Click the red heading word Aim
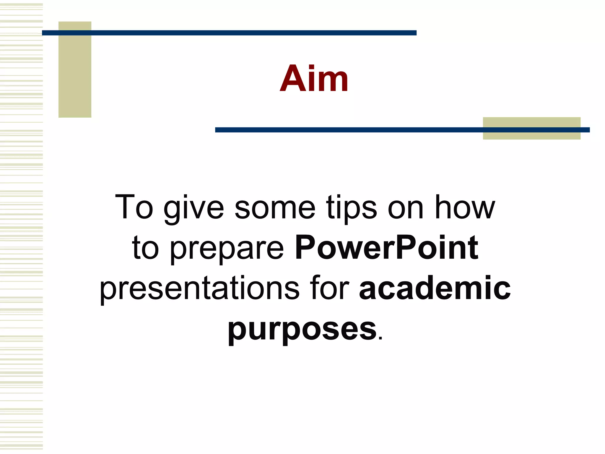[314, 79]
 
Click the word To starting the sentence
[134, 207]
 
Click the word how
[465, 207]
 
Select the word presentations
[200, 289]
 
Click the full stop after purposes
[380, 339]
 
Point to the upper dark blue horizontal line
[229, 33]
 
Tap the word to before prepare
[145, 248]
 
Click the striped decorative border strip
[21, 227]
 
